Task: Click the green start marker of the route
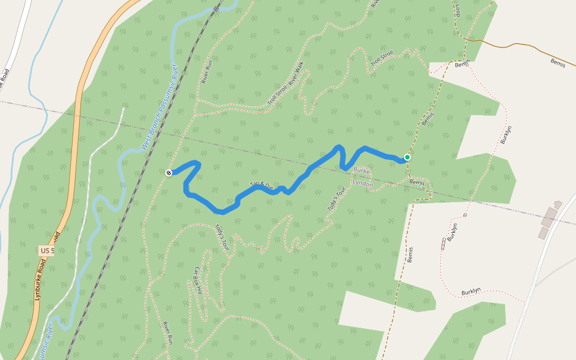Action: [x=407, y=157]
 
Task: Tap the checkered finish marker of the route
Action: [x=169, y=173]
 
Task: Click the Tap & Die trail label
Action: [x=262, y=185]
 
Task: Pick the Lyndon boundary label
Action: [x=362, y=184]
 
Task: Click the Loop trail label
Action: [x=458, y=10]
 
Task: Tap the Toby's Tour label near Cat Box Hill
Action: [x=223, y=236]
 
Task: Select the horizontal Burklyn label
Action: [x=471, y=291]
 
